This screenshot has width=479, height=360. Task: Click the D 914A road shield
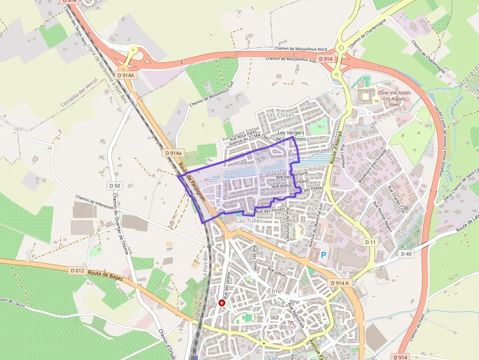126,75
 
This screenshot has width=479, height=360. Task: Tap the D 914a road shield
173,153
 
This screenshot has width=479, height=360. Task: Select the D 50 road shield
115,186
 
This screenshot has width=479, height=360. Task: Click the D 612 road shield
77,270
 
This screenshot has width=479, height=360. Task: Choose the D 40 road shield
406,254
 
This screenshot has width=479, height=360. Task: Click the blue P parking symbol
323,254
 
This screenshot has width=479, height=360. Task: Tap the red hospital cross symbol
222,303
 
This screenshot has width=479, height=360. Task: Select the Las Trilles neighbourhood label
250,221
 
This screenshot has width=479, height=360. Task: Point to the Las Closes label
280,115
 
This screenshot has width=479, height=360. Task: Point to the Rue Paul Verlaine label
292,175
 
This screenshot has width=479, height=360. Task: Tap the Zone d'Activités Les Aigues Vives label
394,99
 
